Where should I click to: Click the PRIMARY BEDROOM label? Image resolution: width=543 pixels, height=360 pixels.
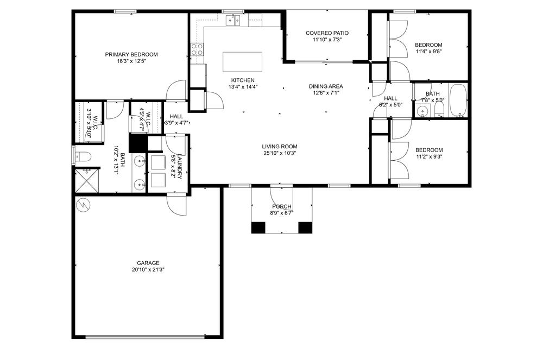(x=131, y=54)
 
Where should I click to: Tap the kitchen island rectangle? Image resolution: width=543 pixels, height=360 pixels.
(x=242, y=61)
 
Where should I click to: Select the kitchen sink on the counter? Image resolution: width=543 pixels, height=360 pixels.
(x=233, y=21)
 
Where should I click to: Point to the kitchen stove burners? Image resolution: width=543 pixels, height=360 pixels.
(x=197, y=49)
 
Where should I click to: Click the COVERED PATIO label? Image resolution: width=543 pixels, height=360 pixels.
(x=327, y=33)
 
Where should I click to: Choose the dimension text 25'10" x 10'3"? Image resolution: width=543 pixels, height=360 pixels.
(x=280, y=153)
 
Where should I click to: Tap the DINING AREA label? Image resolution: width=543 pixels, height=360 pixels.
(x=326, y=86)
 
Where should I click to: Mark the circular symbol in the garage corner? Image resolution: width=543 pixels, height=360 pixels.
(x=83, y=205)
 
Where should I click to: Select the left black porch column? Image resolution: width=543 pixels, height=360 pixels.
(x=258, y=228)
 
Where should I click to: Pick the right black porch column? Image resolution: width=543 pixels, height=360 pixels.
(x=305, y=228)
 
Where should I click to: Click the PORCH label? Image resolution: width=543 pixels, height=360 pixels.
(x=281, y=207)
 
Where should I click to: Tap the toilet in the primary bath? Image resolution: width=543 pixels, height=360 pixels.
(x=83, y=157)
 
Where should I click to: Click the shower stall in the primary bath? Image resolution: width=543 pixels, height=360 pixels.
(x=87, y=180)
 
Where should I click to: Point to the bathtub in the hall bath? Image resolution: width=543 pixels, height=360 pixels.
(x=458, y=100)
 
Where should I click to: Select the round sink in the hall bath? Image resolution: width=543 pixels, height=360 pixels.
(x=422, y=111)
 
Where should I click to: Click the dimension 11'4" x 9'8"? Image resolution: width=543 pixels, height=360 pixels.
(x=429, y=52)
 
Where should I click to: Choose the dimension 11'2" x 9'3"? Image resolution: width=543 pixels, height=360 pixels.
(x=429, y=156)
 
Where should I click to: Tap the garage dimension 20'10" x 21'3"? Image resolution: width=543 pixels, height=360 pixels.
(x=148, y=270)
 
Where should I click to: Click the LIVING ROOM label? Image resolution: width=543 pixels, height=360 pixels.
(x=280, y=147)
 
